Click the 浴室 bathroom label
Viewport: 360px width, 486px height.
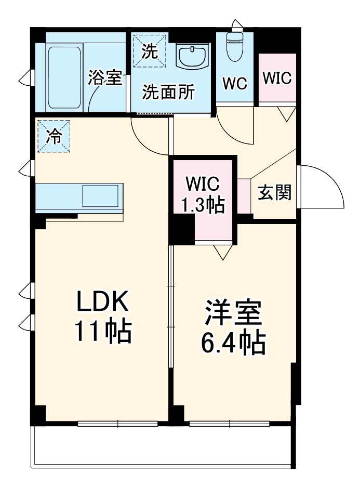[x=105, y=78]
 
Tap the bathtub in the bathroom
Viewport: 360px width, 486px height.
[x=64, y=77]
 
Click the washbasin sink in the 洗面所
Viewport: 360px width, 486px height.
[x=192, y=55]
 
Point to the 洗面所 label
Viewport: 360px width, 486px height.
[x=169, y=93]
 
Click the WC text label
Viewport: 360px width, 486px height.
[x=234, y=83]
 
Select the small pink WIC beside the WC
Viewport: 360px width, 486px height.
[x=277, y=78]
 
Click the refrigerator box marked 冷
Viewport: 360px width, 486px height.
[x=54, y=136]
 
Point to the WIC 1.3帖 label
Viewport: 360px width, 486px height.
[x=203, y=195]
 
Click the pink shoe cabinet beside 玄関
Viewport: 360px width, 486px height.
[x=244, y=196]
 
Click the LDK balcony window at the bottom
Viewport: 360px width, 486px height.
[x=118, y=424]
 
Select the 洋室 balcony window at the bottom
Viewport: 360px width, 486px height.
[x=229, y=424]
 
